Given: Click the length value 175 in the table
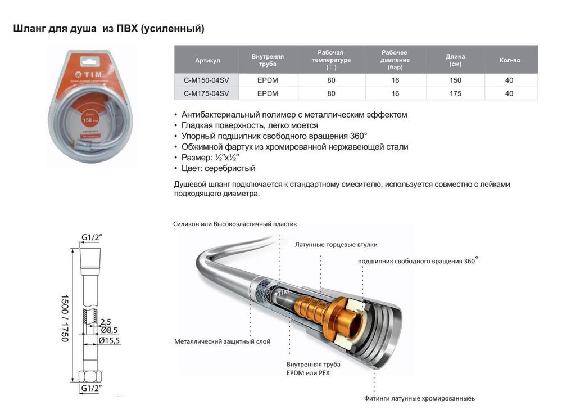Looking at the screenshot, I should point(455,93).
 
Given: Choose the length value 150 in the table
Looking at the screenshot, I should point(455,80).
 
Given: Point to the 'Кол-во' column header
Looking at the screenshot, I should point(509,60).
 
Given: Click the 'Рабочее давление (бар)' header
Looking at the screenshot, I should point(395,60).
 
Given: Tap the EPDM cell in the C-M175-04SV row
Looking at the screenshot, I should point(268,93).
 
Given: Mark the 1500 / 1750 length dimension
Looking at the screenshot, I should point(64,318).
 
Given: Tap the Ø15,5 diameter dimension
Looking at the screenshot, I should point(109,340).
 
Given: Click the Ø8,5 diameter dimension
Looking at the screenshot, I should point(108,330).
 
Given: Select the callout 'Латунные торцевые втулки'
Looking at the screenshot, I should point(336,245).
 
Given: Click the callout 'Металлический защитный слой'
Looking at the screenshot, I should point(222,341).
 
